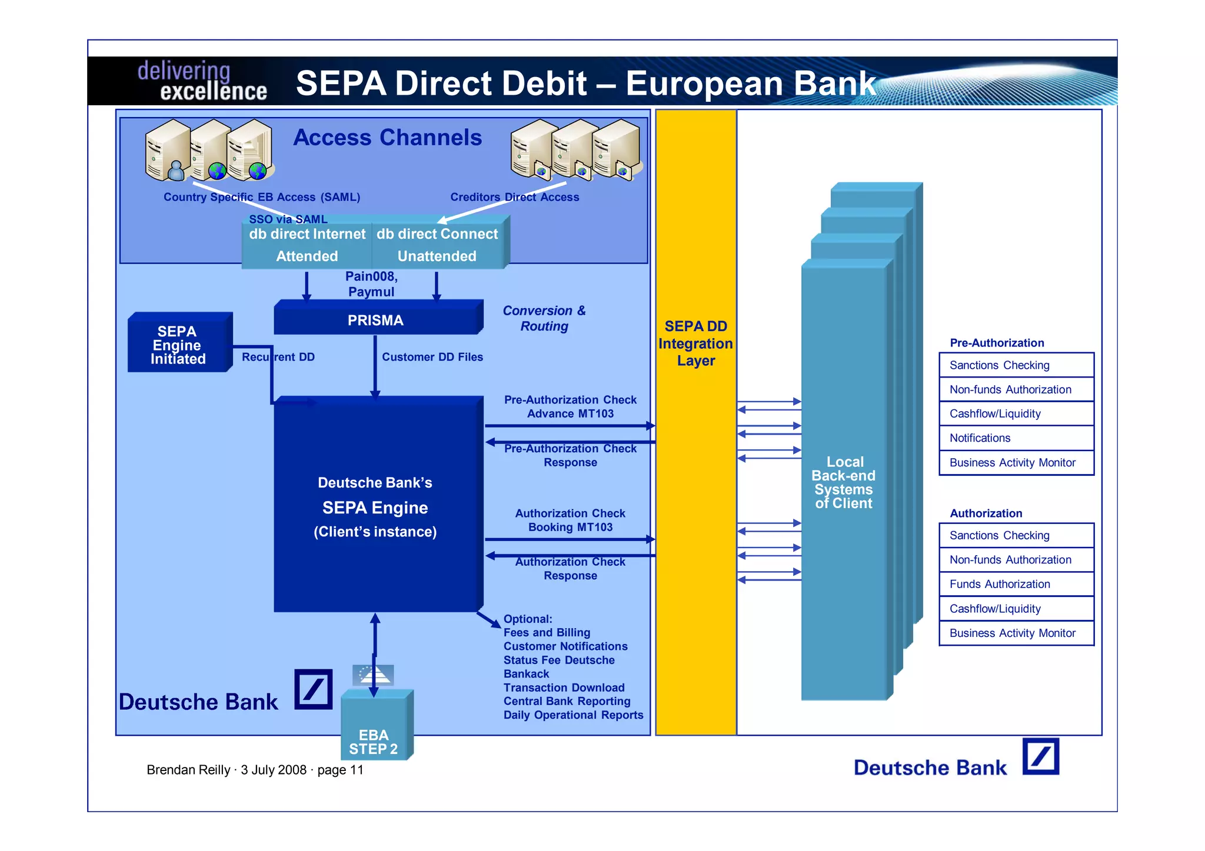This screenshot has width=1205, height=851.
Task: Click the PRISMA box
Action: [375, 320]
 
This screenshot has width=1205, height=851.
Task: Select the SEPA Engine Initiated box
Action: [178, 345]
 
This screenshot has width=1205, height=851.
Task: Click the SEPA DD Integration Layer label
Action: [695, 343]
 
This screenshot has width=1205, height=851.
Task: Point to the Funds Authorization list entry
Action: [1000, 584]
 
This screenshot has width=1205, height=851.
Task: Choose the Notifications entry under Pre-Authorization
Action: [980, 438]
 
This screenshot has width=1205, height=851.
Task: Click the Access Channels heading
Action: [387, 138]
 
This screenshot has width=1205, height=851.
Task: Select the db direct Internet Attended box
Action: [307, 245]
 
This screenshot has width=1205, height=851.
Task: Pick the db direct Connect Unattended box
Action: [437, 245]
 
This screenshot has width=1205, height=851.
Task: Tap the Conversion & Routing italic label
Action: [544, 318]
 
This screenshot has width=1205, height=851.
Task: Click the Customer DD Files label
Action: [432, 357]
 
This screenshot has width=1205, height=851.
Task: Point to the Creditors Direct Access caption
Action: [515, 197]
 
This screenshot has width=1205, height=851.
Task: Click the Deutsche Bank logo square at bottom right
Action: [1040, 756]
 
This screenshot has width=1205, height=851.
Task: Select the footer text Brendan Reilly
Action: [188, 770]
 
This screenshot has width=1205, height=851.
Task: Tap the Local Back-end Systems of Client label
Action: [844, 482]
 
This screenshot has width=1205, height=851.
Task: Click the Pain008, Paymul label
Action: [371, 284]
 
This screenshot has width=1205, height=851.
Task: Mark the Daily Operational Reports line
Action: [573, 715]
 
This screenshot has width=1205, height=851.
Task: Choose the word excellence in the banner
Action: [214, 92]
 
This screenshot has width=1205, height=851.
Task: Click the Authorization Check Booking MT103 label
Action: [570, 520]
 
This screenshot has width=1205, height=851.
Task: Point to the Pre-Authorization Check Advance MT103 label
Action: [570, 406]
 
